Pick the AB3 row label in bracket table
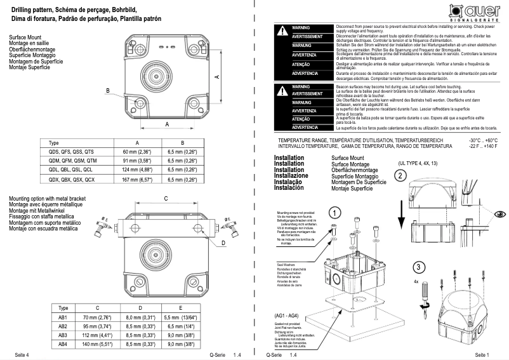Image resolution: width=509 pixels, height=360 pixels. pos(63,335)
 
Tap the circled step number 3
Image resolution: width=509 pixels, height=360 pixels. pos(416,267)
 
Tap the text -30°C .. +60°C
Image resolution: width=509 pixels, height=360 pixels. pos(483,140)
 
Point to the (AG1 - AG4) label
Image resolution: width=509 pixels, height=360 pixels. pos(288,316)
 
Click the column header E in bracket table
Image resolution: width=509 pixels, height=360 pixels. pos(181,307)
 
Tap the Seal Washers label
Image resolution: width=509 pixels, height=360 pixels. pos(287,261)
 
